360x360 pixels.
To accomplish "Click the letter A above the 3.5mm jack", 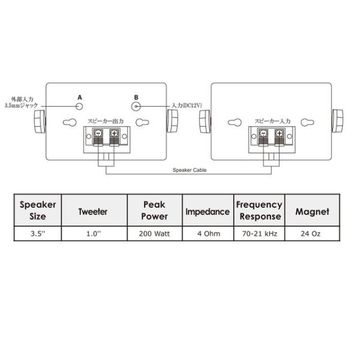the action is (x=80, y=98).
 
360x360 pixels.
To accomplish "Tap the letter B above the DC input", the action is (x=136, y=98).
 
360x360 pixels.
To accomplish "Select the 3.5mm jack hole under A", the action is (x=79, y=106).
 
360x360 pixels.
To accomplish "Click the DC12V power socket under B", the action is (x=136, y=107).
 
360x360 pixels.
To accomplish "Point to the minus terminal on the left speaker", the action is (x=98, y=133).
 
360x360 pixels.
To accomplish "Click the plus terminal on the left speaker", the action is (x=114, y=133).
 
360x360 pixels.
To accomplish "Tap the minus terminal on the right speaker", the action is (x=263, y=133).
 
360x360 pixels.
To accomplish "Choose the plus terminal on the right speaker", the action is (x=279, y=133).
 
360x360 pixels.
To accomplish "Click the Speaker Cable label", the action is (x=190, y=170).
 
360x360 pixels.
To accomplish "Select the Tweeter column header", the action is (x=93, y=212).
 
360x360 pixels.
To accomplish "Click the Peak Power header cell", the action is (x=155, y=211).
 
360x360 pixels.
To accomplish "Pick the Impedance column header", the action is (x=208, y=212).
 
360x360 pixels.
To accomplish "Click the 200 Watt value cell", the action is (x=155, y=234).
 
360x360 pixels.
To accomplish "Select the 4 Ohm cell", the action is (x=209, y=234).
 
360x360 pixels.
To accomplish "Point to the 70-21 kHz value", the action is (x=260, y=234).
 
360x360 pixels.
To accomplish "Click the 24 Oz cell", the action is (x=311, y=234).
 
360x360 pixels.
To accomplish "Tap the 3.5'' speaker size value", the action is (x=38, y=234).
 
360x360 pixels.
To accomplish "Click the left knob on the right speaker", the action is (x=205, y=121).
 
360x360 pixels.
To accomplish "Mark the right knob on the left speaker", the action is (x=172, y=121).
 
